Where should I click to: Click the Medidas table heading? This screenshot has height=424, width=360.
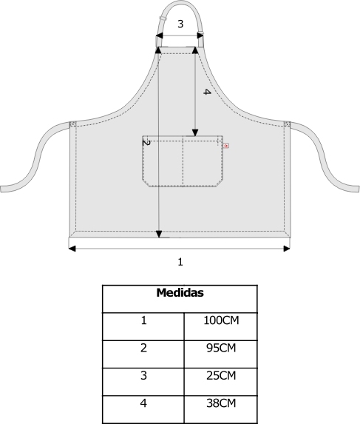(x=180, y=293)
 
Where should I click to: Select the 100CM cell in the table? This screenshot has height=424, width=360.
(x=221, y=320)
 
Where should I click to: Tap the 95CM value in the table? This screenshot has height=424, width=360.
(x=221, y=348)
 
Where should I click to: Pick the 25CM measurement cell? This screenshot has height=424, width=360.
(x=221, y=376)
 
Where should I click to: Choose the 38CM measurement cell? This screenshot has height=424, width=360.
(x=221, y=403)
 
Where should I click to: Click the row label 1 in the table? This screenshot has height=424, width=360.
(x=143, y=320)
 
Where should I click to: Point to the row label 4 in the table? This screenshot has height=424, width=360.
(x=143, y=403)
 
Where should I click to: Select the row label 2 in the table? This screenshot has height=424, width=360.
(x=143, y=348)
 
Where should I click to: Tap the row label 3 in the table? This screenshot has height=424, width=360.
(x=143, y=376)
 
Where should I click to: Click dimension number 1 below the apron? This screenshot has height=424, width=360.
(x=180, y=262)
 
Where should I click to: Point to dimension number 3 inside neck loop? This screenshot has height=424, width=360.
(x=180, y=24)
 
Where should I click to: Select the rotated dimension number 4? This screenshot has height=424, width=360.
(x=207, y=92)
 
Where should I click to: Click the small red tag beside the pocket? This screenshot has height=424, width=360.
(x=226, y=146)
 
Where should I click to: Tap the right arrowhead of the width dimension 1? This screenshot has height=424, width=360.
(x=287, y=249)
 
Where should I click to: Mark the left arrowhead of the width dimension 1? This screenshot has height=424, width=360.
(x=72, y=249)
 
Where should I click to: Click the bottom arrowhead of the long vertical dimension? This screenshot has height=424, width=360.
(x=159, y=234)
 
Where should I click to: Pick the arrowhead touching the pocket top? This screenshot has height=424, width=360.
(x=195, y=132)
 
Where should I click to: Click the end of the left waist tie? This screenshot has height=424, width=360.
(x=1, y=189)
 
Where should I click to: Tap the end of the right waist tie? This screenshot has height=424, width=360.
(x=358, y=189)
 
